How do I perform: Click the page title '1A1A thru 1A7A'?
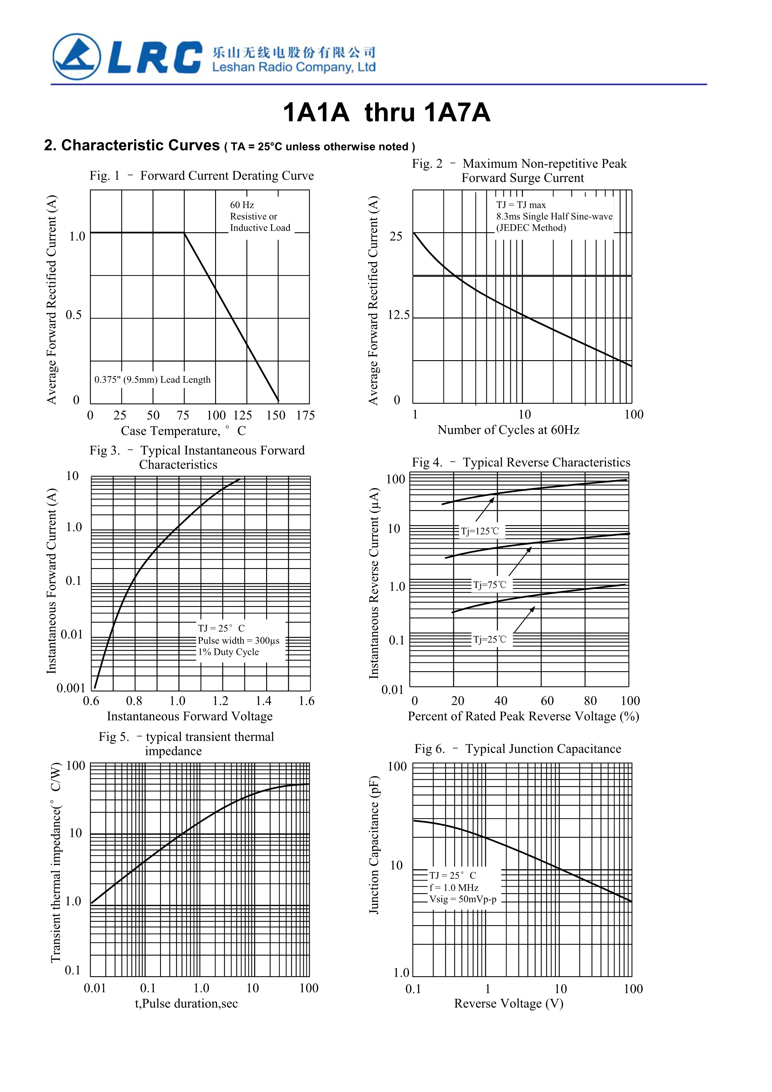[x=386, y=113]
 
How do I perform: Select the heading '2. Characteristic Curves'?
[x=132, y=145]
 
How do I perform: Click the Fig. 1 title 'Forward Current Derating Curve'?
[x=227, y=176]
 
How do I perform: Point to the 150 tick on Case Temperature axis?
[x=275, y=415]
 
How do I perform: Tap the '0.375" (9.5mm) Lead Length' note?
[x=152, y=379]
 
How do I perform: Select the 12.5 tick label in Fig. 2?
[x=398, y=315]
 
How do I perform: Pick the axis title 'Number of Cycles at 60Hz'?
[x=508, y=430]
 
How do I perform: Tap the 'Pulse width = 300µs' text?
[x=239, y=641]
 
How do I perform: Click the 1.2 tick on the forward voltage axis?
[x=220, y=701]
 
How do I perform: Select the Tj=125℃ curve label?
[x=479, y=531]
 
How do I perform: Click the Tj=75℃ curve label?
[x=489, y=585]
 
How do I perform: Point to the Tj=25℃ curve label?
[x=489, y=640]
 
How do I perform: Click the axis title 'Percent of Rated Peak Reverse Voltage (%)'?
[x=523, y=716]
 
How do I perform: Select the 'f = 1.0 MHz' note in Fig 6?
[x=454, y=887]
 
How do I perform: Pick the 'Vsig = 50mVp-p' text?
[x=462, y=899]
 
